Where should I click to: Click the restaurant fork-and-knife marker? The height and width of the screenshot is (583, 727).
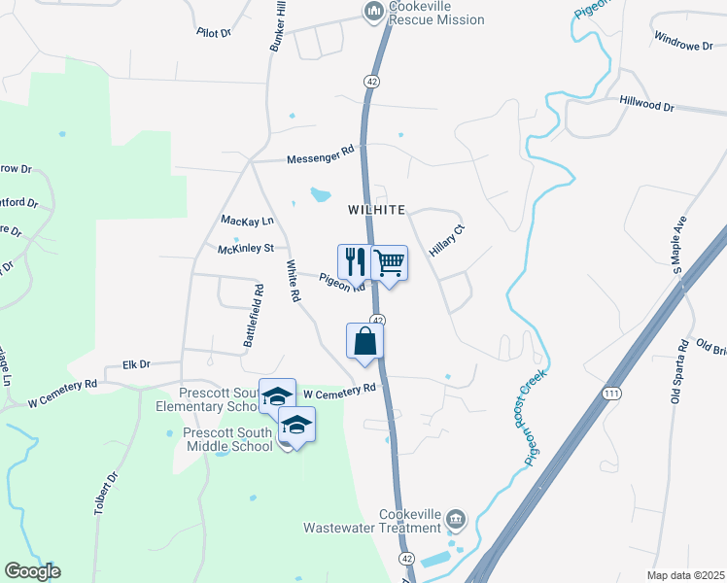click(354, 261)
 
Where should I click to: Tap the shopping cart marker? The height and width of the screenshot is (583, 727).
click(389, 261)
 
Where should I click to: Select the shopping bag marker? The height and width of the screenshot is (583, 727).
click(365, 341)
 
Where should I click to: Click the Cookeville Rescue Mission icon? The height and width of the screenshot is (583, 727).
click(372, 12)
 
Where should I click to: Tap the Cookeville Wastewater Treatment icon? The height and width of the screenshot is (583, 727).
click(456, 520)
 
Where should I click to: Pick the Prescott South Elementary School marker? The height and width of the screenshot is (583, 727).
click(278, 396)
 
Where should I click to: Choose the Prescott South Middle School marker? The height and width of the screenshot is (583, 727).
click(297, 425)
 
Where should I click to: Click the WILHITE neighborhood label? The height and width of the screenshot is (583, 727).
click(375, 210)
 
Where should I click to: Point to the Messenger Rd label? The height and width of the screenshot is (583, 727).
click(321, 155)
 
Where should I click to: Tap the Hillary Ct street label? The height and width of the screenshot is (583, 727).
click(448, 239)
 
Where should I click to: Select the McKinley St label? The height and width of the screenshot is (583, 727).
click(245, 249)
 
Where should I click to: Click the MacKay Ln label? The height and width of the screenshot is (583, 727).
click(248, 221)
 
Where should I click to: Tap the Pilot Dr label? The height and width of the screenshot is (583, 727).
click(214, 32)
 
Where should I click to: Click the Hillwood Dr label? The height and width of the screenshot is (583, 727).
click(646, 104)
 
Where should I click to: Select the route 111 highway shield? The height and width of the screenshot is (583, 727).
click(610, 392)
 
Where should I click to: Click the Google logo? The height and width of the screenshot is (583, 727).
click(32, 571)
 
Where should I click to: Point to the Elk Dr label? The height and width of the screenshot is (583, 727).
click(137, 364)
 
